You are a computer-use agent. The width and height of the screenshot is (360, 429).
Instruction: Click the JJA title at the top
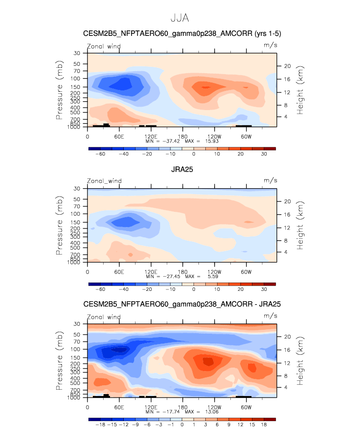180,18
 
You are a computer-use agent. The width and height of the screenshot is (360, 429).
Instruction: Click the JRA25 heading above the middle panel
182,170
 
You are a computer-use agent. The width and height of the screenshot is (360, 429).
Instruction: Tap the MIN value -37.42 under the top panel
171,141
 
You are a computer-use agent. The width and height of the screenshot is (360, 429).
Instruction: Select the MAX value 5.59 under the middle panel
213,277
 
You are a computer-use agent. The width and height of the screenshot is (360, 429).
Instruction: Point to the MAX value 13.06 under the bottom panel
212,412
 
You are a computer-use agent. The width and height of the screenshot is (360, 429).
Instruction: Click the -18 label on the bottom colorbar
100,425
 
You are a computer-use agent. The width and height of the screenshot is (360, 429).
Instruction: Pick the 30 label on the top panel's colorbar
264,154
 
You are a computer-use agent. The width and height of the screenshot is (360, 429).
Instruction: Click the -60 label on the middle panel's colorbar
100,289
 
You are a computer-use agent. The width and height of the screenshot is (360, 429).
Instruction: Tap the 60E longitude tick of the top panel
119,137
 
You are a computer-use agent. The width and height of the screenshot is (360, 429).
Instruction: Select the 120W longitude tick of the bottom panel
215,407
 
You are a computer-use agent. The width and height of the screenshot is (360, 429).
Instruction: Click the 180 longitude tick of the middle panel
183,272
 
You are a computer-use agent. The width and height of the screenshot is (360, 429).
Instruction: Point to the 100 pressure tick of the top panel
75,79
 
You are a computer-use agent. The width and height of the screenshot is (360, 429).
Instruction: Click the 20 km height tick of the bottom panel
287,337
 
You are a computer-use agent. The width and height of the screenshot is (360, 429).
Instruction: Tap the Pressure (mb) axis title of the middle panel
59,226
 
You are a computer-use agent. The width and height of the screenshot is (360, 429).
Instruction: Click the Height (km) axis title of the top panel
300,90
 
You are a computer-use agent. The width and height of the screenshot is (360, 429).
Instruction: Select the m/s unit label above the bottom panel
270,316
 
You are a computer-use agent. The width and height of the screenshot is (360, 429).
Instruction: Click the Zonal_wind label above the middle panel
104,181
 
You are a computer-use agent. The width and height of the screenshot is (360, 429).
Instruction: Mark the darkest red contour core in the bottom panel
208,361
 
